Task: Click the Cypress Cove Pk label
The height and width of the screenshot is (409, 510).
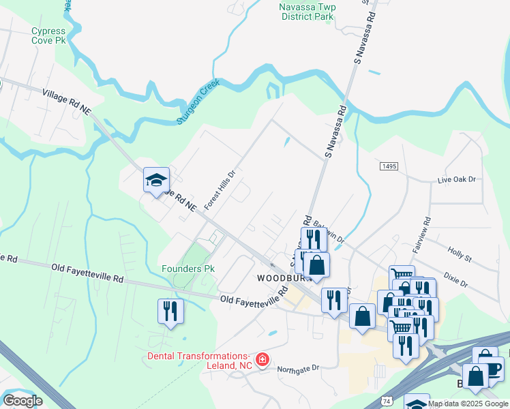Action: pos(48,35)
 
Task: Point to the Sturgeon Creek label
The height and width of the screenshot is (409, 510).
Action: pos(196,104)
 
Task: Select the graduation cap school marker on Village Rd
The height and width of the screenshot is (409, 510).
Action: pos(156,181)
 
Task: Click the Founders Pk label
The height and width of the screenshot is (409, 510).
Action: pos(188,269)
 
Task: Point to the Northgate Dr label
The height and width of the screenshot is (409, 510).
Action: pos(298,369)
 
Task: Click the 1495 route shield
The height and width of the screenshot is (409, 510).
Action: pos(389,166)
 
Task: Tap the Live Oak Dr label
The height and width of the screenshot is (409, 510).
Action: pos(456,179)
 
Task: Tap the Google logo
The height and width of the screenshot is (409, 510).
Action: pos(22,401)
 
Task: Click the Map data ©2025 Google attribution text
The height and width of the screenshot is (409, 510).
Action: pos(468,404)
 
